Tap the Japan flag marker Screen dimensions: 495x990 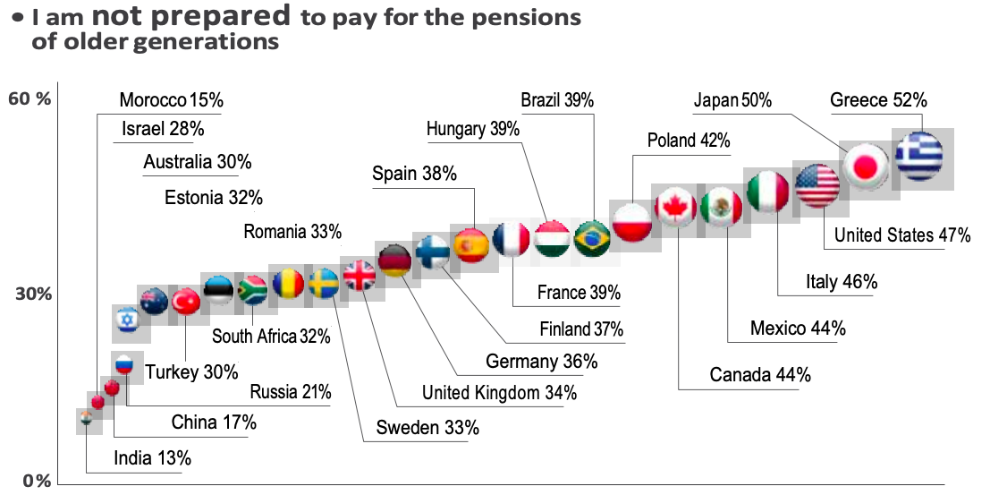point(866,166)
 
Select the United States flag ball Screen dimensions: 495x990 point(817,187)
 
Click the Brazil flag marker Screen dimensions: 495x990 point(591,239)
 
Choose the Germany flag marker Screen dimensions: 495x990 point(394,261)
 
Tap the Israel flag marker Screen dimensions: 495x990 point(126,319)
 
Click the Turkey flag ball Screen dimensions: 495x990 point(186,303)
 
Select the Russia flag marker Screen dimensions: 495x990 point(124,364)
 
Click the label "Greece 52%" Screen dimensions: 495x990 point(878,99)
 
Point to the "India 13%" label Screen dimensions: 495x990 point(152,459)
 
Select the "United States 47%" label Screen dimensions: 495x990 point(902,236)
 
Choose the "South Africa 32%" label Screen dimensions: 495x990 point(271,337)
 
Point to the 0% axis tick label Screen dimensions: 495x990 point(36,481)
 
